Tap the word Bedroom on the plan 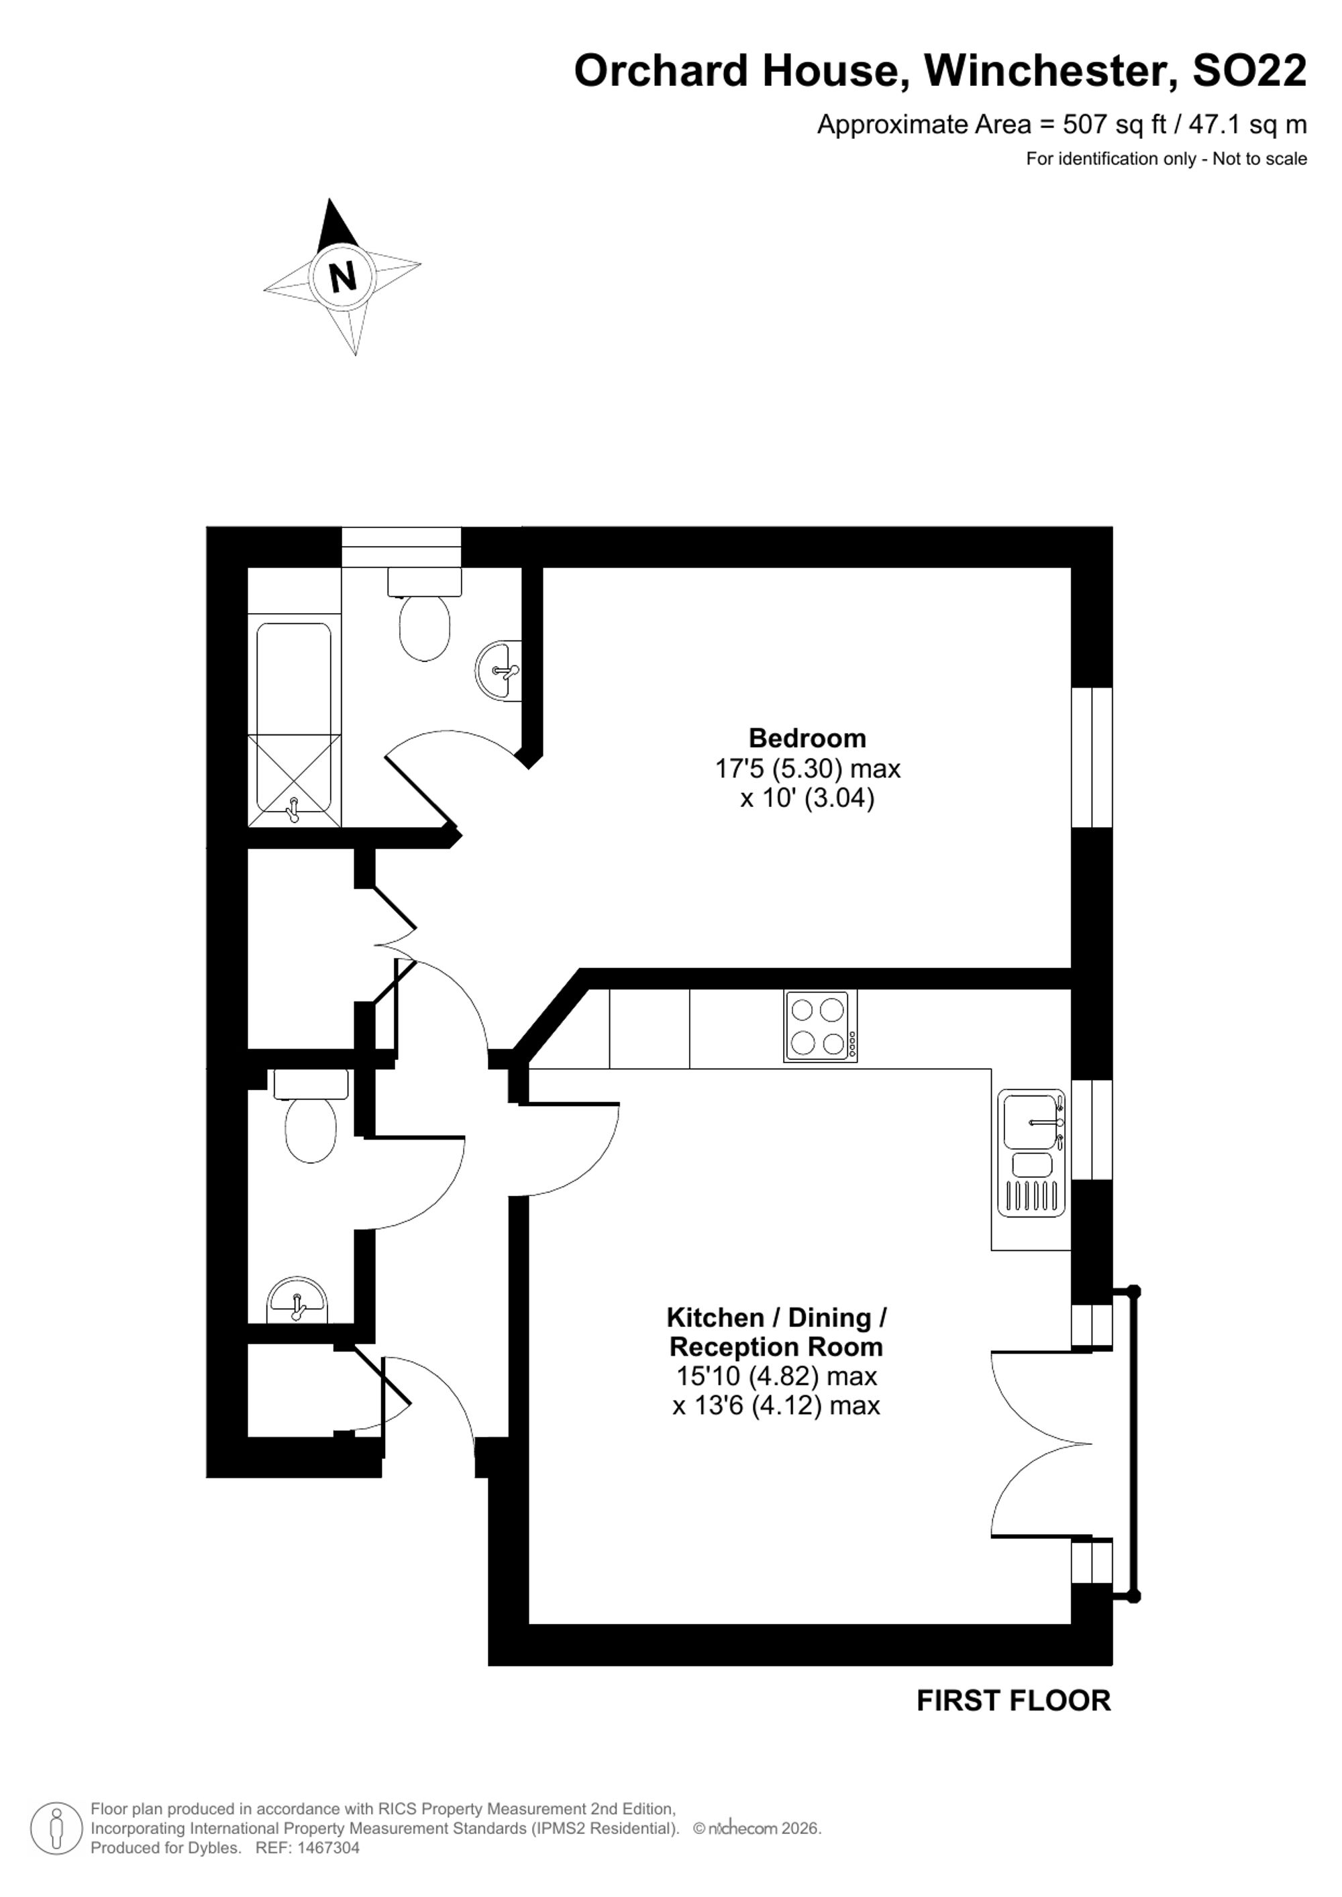pyautogui.click(x=807, y=738)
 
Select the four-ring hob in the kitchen pyautogui.click(x=820, y=1026)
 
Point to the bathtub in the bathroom pyautogui.click(x=293, y=718)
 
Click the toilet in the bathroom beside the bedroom pyautogui.click(x=425, y=614)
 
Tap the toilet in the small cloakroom pyautogui.click(x=311, y=1116)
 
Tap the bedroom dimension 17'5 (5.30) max pyautogui.click(x=807, y=769)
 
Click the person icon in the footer pyautogui.click(x=56, y=1829)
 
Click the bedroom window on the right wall pyautogui.click(x=1092, y=757)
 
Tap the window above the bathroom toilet pyautogui.click(x=402, y=547)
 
